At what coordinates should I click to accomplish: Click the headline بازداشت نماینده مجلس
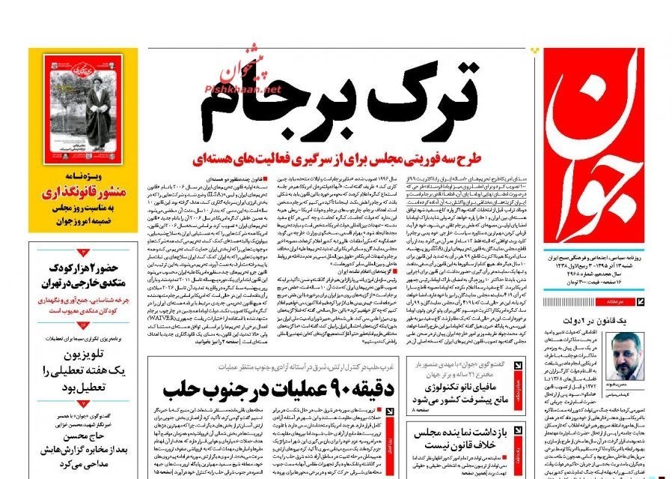point(461,433)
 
